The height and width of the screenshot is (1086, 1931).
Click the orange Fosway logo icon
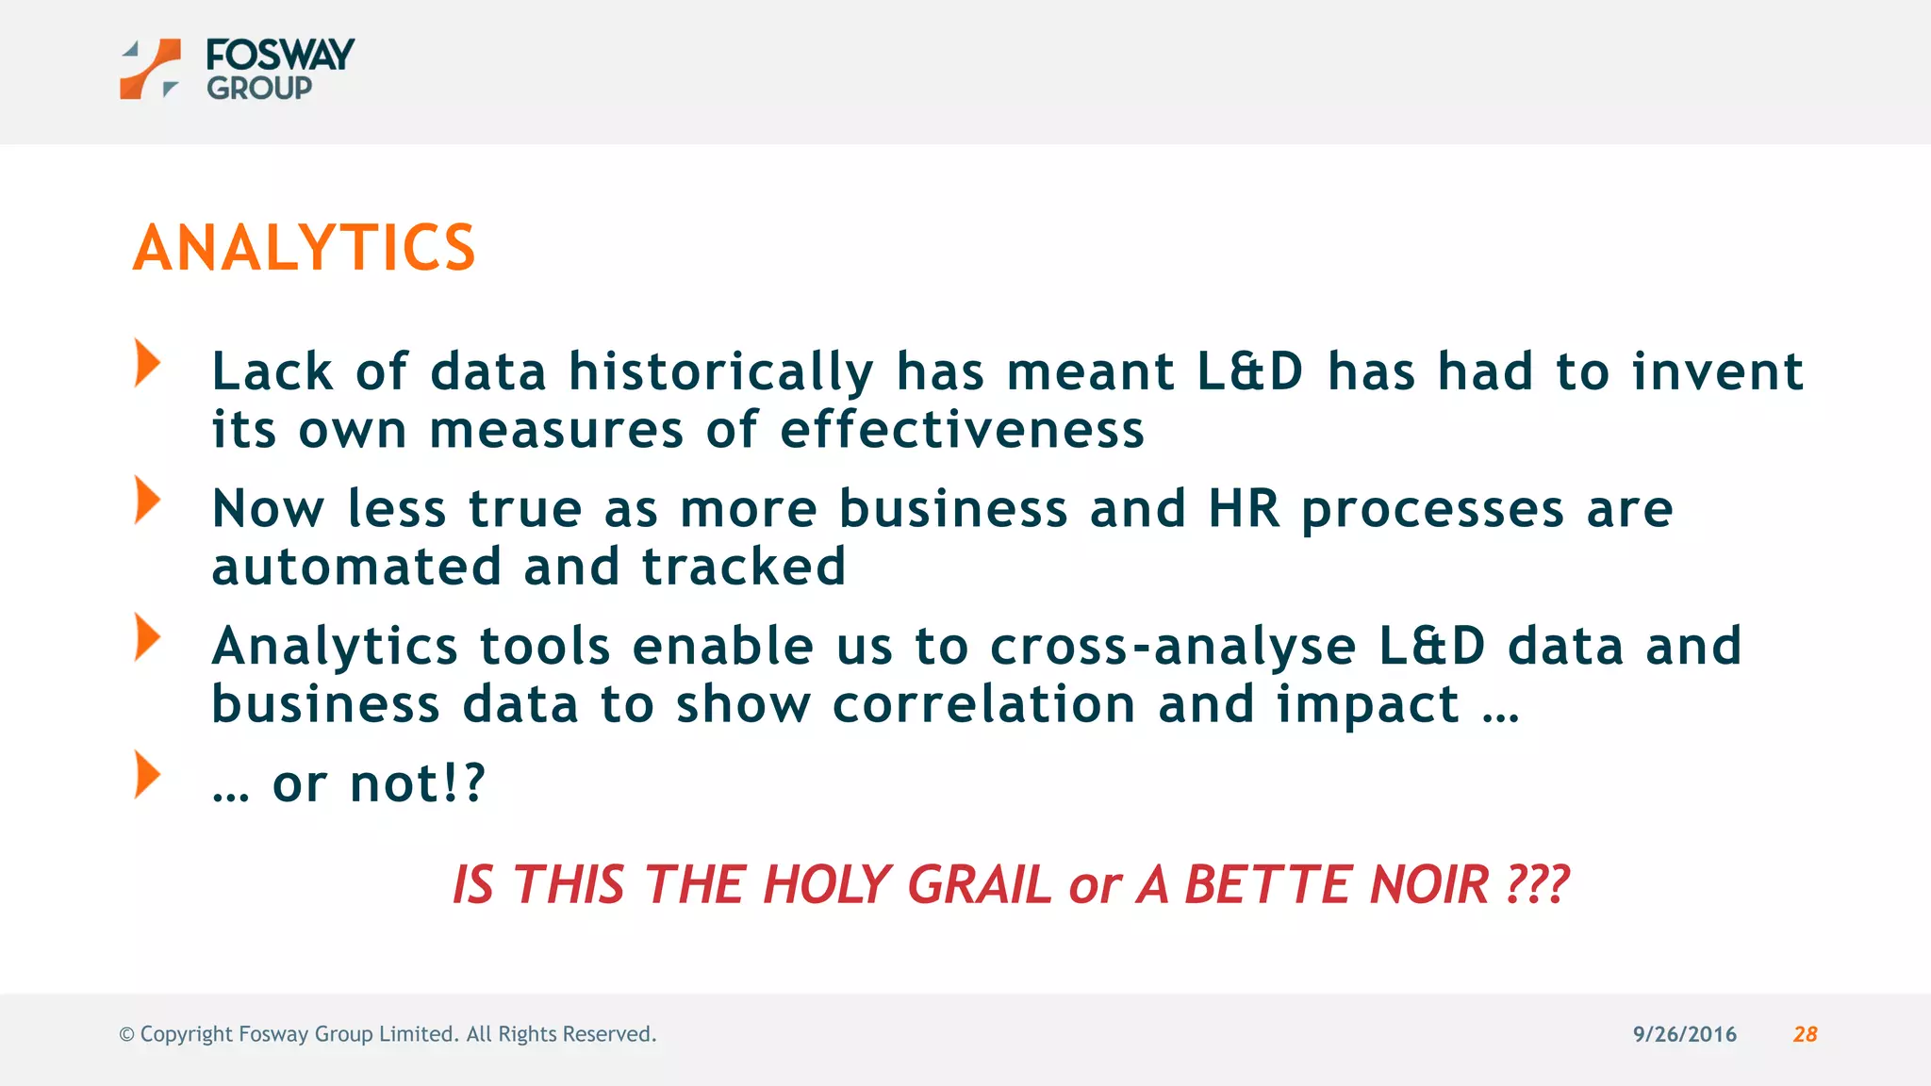coord(150,69)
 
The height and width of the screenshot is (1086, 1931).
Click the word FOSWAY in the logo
coord(280,55)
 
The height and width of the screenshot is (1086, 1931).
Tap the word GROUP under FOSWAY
coord(259,89)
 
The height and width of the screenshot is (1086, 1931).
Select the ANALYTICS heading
coord(304,248)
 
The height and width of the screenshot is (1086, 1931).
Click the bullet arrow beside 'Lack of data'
coord(147,363)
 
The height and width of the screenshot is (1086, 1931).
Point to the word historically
coord(721,372)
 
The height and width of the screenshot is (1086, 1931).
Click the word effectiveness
coord(962,430)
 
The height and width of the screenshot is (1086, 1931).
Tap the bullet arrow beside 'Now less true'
coord(147,500)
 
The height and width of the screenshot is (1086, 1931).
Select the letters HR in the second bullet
coord(1244,509)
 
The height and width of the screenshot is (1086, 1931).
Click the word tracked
coord(743,567)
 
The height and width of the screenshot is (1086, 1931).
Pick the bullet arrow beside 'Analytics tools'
coord(147,637)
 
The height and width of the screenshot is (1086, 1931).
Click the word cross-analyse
coord(1173,648)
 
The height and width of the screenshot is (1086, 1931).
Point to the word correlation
coord(983,705)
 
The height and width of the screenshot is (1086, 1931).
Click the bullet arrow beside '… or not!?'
coord(147,774)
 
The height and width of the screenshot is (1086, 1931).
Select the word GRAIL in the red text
coord(979,885)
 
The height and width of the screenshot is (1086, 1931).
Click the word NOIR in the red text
coord(1429,885)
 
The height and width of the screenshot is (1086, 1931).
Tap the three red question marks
coord(1538,885)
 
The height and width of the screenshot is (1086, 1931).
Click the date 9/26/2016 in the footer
coord(1684,1034)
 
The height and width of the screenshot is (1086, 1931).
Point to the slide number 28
coord(1805,1034)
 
